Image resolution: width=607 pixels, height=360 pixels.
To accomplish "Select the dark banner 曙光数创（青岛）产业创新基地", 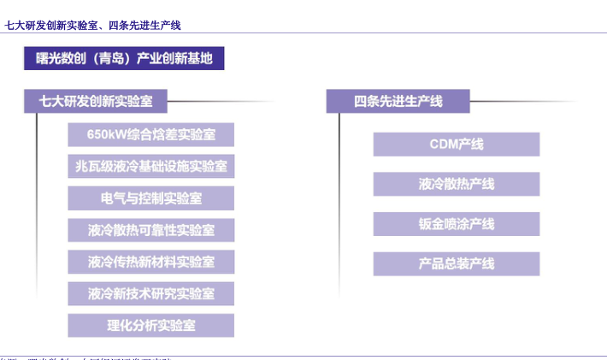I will click(124, 58).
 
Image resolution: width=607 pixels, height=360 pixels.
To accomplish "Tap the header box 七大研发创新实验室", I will click(95, 101).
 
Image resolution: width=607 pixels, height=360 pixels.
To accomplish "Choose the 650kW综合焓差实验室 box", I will click(150, 135).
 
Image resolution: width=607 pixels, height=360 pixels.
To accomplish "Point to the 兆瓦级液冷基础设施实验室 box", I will click(150, 167).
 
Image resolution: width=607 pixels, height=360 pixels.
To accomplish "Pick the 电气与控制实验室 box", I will click(150, 198).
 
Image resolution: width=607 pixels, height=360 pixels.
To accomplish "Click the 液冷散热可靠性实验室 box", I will click(150, 230).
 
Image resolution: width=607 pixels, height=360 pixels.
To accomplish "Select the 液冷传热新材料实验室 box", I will click(150, 262).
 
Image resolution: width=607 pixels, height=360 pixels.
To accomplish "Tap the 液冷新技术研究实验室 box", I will click(150, 293).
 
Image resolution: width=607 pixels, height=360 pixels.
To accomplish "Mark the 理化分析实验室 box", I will click(150, 325).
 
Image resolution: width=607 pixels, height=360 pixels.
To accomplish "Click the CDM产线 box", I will click(456, 145).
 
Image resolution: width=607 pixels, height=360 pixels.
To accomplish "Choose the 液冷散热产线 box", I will click(456, 184).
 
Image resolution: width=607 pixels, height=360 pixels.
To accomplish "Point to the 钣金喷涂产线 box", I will click(456, 224).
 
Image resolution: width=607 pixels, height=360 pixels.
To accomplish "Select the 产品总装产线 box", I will click(456, 263).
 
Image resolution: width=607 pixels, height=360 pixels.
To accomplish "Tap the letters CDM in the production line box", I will click(445, 145).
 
